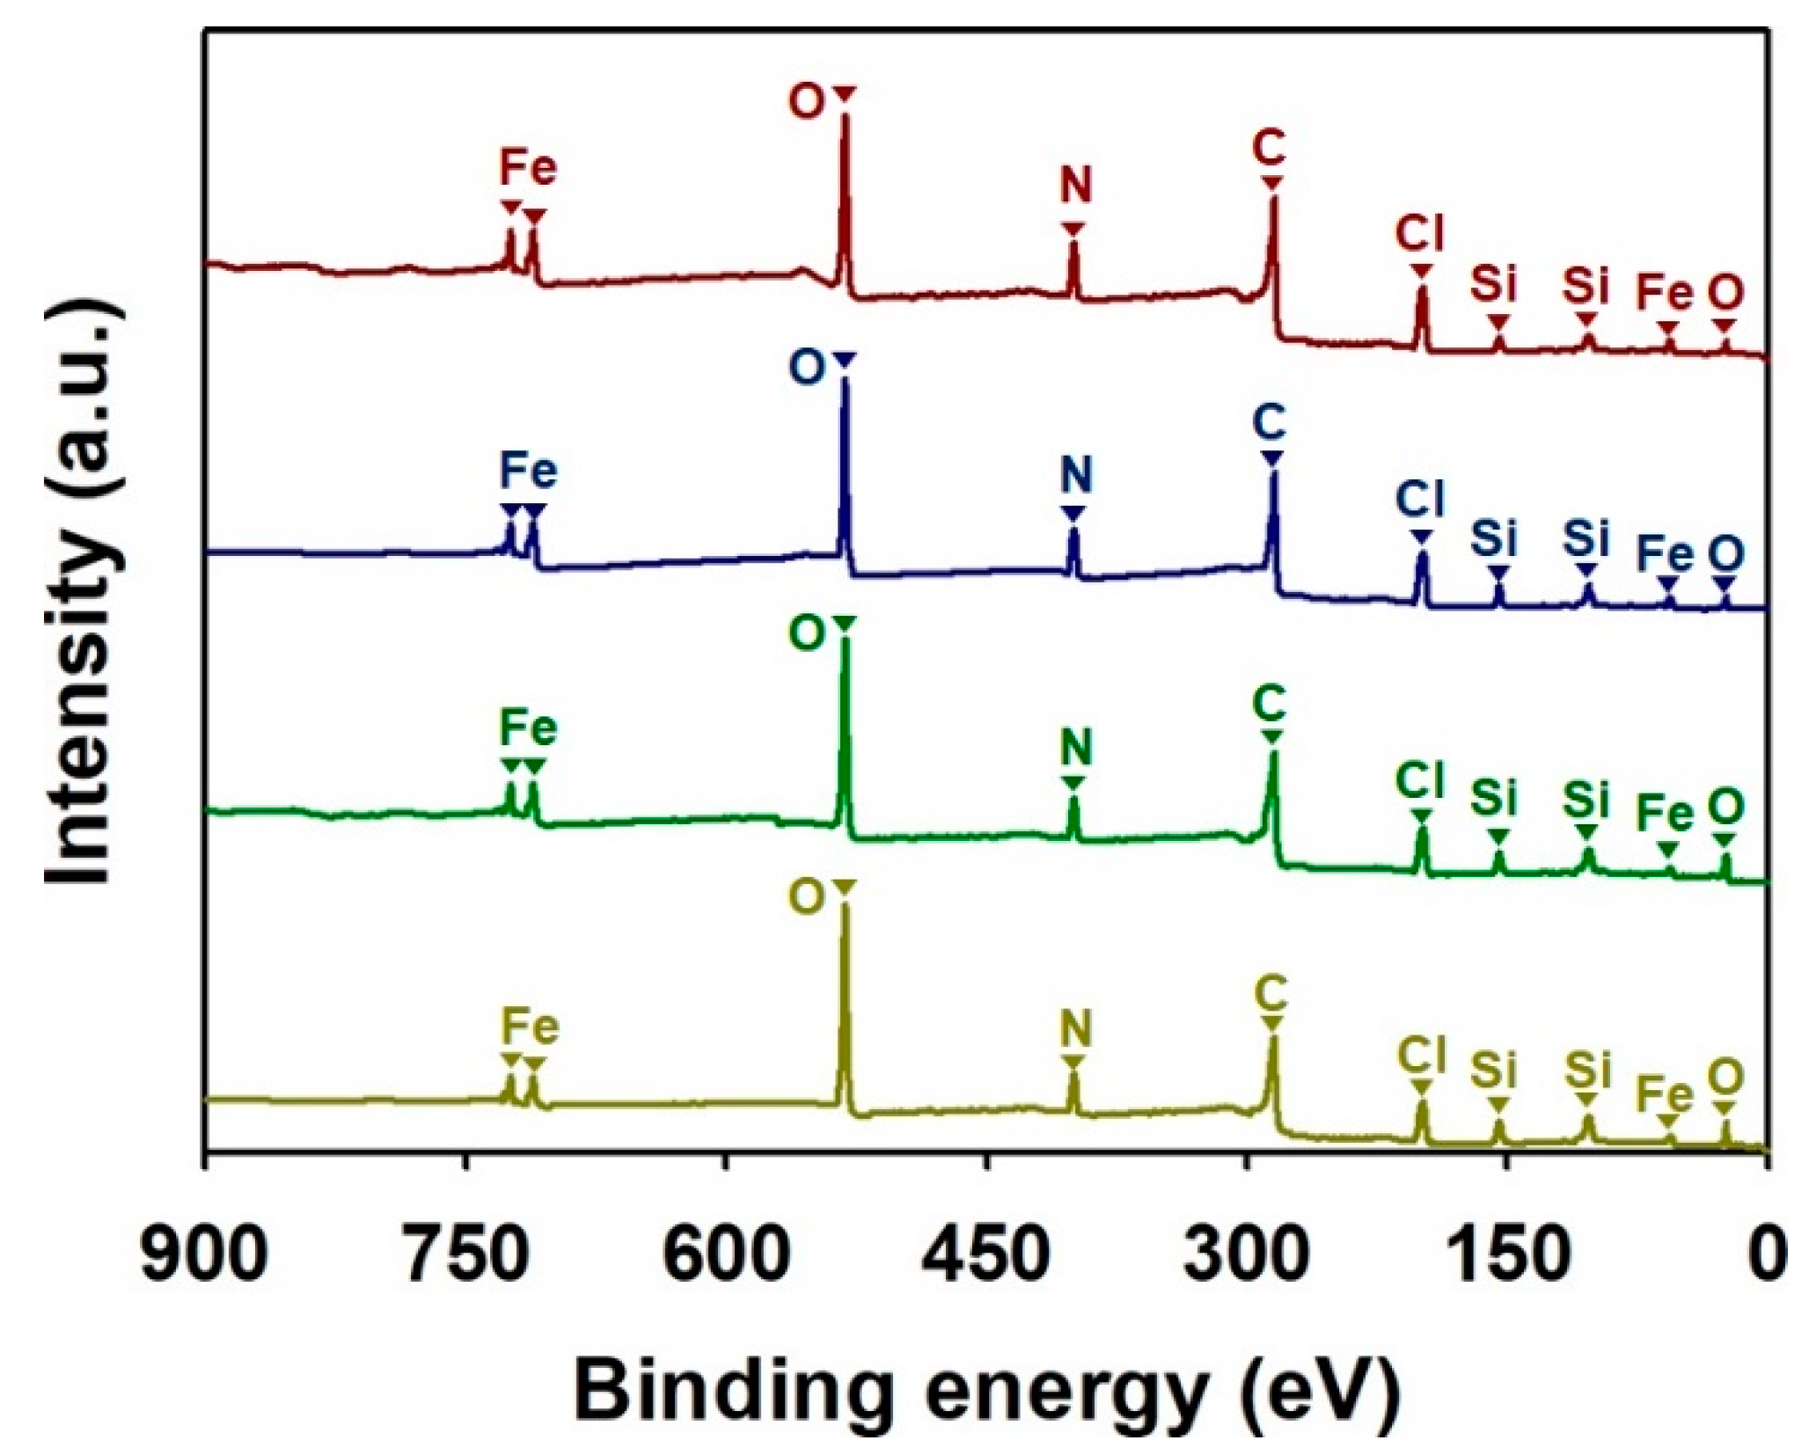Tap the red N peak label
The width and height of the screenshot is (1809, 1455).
(x=1074, y=186)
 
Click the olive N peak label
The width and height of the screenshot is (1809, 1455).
(x=1074, y=1027)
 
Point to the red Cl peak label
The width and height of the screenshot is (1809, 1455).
(x=1419, y=235)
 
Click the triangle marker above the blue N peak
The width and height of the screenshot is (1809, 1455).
(x=1073, y=513)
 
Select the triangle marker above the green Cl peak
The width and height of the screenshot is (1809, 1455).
(x=1421, y=816)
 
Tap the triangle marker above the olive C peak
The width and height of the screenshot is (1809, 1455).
(x=1271, y=1023)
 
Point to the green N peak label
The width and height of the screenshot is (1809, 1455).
(x=1074, y=749)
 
